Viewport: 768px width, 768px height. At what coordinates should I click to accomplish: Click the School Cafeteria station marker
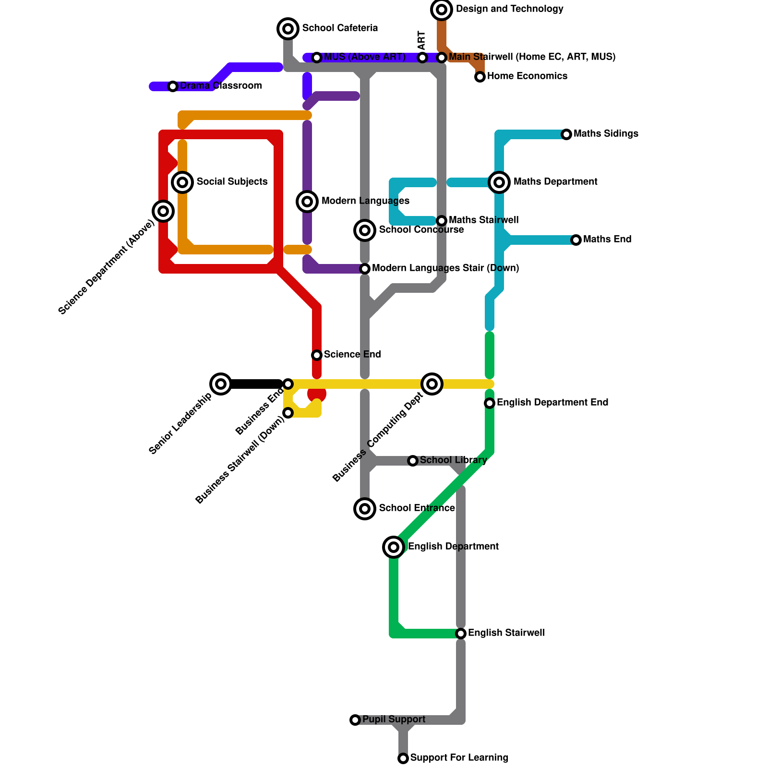tap(288, 29)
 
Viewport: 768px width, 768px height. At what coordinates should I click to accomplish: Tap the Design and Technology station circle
tap(442, 9)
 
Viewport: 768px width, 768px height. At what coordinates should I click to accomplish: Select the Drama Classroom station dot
tap(173, 86)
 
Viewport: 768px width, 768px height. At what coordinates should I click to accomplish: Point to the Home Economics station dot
tap(480, 77)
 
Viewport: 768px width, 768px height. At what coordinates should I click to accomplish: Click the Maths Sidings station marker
tap(566, 134)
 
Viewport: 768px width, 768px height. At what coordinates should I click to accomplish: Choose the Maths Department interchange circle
tap(499, 182)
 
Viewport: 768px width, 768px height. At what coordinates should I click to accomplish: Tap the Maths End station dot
tap(576, 240)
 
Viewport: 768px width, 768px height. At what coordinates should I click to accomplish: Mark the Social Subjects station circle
tap(182, 182)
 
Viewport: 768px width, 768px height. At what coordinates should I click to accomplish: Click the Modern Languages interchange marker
tap(307, 202)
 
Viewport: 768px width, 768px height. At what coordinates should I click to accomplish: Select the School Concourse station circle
tap(365, 230)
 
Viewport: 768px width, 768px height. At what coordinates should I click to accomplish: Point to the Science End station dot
tap(317, 355)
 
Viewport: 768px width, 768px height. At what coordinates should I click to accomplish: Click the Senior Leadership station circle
tap(221, 384)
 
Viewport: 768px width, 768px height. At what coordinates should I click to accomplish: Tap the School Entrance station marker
tap(365, 509)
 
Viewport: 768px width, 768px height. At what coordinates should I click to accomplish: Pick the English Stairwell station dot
tap(461, 634)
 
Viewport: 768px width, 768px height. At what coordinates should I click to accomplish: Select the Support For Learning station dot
tap(403, 758)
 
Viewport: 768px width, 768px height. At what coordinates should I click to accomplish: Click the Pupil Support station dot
tap(355, 720)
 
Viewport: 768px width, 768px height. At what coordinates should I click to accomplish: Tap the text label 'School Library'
tap(453, 460)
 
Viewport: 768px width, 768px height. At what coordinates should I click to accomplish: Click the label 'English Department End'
tap(552, 403)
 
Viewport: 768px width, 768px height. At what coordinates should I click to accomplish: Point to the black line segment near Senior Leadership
tap(254, 384)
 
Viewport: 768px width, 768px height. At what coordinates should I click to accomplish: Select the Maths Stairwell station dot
tap(442, 221)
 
